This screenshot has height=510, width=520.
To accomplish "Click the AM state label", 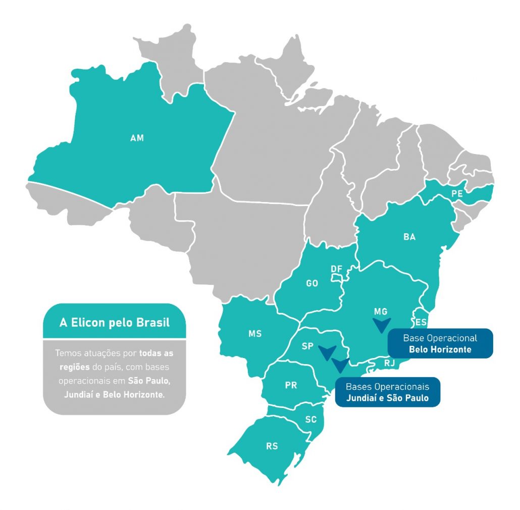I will (137, 138).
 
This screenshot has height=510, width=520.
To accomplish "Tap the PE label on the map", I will (457, 193).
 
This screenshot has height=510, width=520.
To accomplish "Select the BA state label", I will (409, 237).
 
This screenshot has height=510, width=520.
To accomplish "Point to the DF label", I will (337, 269).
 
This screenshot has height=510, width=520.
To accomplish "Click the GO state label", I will (312, 283).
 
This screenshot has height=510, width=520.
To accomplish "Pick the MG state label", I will (381, 312).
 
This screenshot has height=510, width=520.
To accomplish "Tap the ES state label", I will (421, 322).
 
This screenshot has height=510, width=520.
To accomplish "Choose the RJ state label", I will (389, 362).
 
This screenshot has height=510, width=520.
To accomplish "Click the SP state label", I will (308, 346).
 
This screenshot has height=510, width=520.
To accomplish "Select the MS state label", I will (255, 334).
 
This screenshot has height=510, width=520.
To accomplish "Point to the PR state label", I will (291, 385).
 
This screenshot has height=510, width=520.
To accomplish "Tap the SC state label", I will (311, 419).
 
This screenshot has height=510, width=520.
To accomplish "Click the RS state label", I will (272, 446).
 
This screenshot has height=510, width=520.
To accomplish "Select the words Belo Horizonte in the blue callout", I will (440, 349).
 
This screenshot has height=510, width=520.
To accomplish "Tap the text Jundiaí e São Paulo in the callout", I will (387, 397).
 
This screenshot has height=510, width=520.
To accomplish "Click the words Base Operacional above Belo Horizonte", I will (440, 338).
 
